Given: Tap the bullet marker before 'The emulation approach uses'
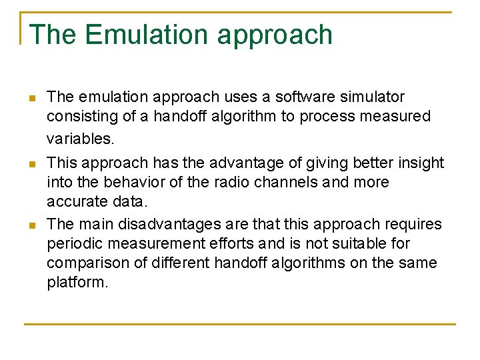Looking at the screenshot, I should tap(31, 99).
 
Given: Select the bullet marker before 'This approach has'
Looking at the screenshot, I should tap(31, 163).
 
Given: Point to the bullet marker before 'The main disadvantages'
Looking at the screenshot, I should tap(31, 225).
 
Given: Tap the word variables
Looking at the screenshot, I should tap(80, 139).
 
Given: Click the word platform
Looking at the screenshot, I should tap(77, 283).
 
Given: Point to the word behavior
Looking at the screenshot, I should tap(128, 182).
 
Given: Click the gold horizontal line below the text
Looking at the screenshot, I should tap(240, 325).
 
